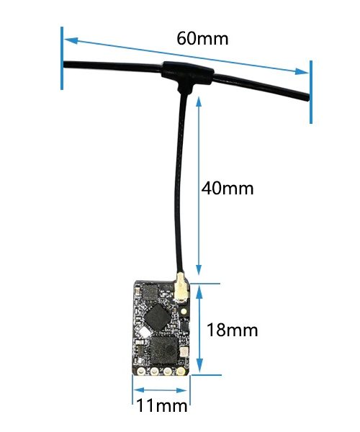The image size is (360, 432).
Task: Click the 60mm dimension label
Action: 202,38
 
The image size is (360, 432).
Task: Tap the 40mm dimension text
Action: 228,189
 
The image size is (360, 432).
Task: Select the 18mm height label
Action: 232,330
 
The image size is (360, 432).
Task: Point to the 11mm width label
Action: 162,406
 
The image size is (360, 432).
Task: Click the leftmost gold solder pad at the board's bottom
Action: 141,371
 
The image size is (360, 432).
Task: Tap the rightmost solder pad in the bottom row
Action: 181,372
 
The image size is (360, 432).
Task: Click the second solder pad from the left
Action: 154,372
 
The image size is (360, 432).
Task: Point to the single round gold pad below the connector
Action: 183,311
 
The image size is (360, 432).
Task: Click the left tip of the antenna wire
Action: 64,65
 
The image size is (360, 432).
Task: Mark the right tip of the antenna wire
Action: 308,96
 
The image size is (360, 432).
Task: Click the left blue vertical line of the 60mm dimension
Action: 62,58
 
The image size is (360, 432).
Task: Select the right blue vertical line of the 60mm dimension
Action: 311,92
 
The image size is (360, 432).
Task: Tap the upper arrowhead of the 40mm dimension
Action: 199,102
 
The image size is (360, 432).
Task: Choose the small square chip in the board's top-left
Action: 150,292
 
